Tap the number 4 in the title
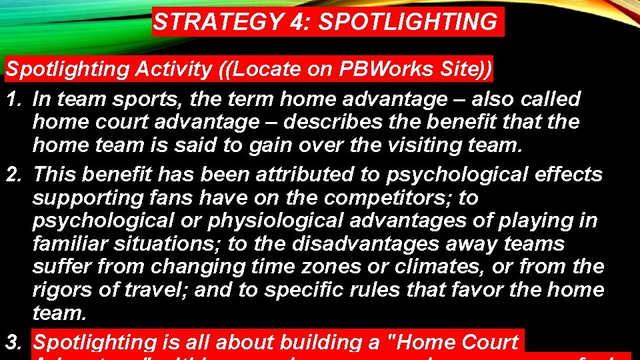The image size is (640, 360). pos(295,23)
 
